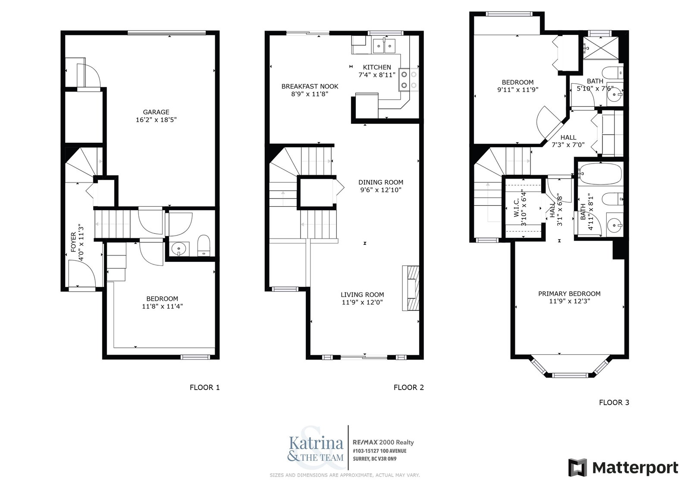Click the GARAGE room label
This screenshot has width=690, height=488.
(x=156, y=112)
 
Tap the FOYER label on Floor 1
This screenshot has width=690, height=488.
(x=73, y=242)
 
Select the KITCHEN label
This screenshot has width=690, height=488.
(x=377, y=67)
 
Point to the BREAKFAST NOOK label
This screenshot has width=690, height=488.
(x=310, y=86)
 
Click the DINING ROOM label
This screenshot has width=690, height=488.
(x=381, y=182)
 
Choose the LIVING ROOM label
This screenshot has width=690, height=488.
(x=362, y=294)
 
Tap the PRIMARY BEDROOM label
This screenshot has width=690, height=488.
(x=569, y=293)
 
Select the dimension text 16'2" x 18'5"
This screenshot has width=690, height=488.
(x=156, y=120)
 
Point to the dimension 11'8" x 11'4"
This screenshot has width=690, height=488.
(x=162, y=306)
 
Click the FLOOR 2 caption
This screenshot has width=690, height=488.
(x=408, y=387)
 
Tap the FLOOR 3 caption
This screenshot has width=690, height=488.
(x=614, y=402)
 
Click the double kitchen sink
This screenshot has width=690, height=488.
(x=384, y=46)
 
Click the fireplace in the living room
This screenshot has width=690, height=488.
(x=411, y=288)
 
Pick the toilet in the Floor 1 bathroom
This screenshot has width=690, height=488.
(x=203, y=246)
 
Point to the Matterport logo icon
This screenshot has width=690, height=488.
(x=578, y=467)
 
